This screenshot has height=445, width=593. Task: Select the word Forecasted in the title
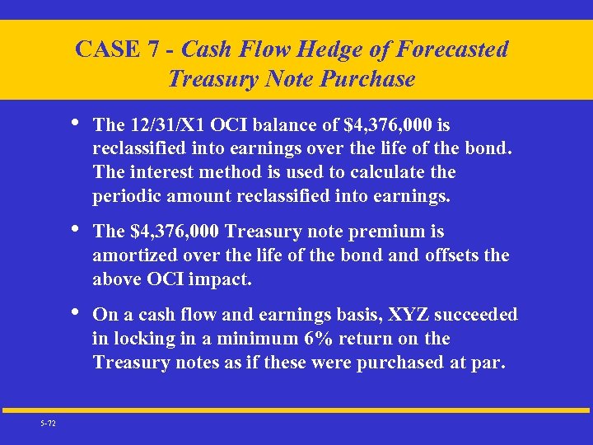(x=452, y=50)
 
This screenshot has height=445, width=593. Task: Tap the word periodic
(x=125, y=196)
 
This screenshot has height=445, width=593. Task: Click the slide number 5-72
(x=49, y=423)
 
